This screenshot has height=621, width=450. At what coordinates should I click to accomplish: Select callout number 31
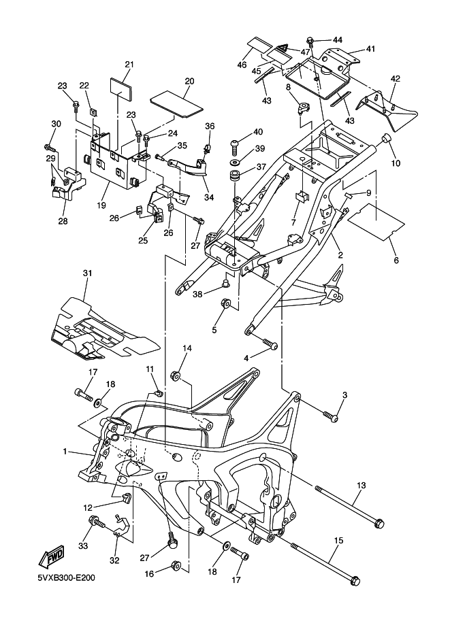coord(86,273)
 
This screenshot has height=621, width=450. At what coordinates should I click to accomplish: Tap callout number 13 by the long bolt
coord(361,485)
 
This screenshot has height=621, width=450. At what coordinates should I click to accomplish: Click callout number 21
coord(129,65)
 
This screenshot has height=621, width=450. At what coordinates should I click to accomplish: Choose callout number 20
coord(189,80)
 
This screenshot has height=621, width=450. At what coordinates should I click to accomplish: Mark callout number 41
coord(370,49)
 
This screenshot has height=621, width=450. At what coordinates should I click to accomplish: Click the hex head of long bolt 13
coord(379,522)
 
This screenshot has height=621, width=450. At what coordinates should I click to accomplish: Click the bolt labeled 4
coord(270,345)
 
